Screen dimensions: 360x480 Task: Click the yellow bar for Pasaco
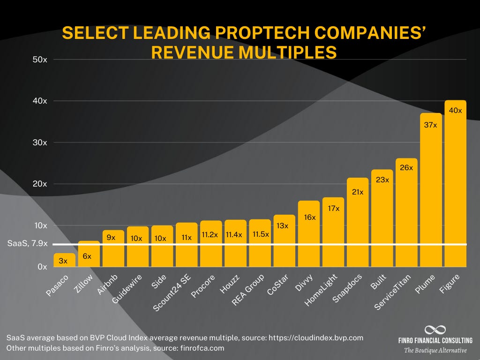pyautogui.click(x=64, y=260)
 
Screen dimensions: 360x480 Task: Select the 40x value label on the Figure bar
pyautogui.click(x=455, y=111)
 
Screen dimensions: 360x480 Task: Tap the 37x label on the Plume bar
pyautogui.click(x=431, y=125)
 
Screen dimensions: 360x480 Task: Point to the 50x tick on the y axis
pyautogui.click(x=40, y=60)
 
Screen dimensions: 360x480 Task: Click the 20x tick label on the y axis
pyautogui.click(x=40, y=184)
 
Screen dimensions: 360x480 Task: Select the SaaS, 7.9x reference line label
pyautogui.click(x=28, y=244)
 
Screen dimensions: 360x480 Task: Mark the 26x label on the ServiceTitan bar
pyautogui.click(x=406, y=167)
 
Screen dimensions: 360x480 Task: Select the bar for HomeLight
pyautogui.click(x=333, y=232)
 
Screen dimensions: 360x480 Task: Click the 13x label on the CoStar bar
pyautogui.click(x=284, y=225)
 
